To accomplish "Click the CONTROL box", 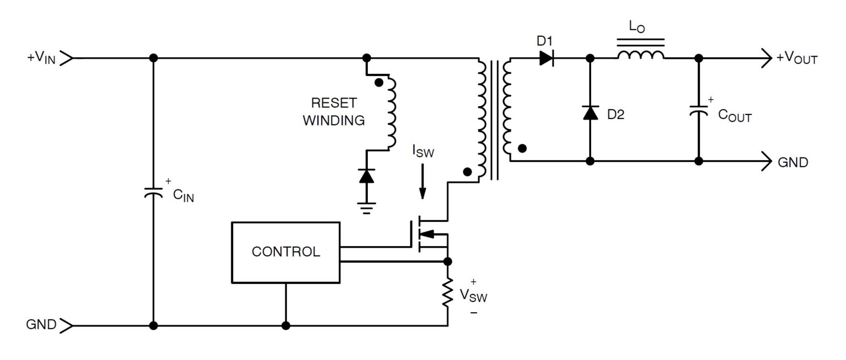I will pos(285,252).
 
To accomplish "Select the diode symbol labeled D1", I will pos(546,58).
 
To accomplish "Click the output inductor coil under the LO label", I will pos(640,55).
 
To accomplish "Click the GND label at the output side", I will pos(793,162).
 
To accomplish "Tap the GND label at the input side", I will pos(41,325).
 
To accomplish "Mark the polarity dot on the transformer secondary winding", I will pos(522,148).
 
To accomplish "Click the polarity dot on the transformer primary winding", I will pos(467,172).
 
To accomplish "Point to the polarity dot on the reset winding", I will pos(378,83).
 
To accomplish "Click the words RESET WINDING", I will pos(334,112).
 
